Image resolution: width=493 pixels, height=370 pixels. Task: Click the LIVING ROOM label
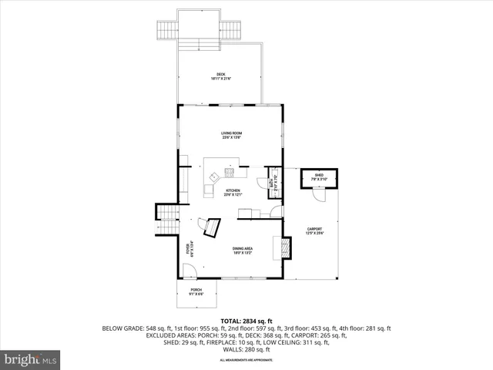point(232,136)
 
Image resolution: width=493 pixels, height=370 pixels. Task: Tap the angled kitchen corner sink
point(214,177)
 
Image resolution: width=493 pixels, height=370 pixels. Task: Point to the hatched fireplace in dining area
point(287,247)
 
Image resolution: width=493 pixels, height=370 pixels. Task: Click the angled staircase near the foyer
point(210,227)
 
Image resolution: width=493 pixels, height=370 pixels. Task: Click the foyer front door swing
point(189,271)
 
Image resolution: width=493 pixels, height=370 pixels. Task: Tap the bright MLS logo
point(31,359)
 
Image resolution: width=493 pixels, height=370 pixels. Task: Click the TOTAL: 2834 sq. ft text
point(246,321)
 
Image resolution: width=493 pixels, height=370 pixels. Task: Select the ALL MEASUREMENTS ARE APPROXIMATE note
point(246,360)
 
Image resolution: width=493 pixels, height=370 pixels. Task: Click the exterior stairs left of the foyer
point(167,213)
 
